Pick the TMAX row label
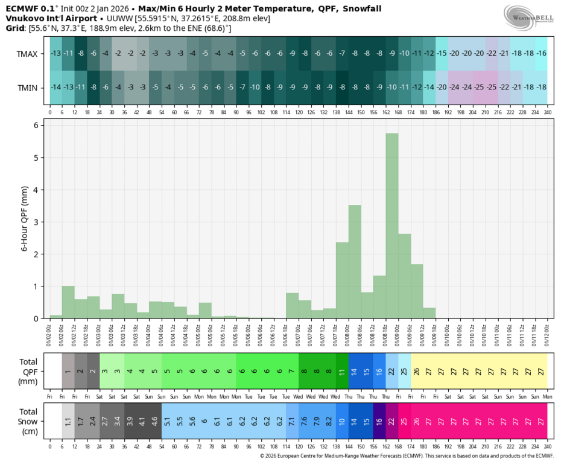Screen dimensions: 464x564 point(28,54)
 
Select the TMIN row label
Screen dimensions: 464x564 point(28,88)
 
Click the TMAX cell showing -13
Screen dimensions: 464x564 point(55,54)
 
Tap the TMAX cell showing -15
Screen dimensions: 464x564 point(442,54)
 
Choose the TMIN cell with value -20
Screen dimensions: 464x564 point(442,88)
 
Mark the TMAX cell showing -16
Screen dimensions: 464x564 point(541,54)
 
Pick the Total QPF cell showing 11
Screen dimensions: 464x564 point(342,371)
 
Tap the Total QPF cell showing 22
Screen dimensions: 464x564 point(391,371)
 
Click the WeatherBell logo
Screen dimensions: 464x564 point(530,16)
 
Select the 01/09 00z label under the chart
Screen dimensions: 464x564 point(392,332)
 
